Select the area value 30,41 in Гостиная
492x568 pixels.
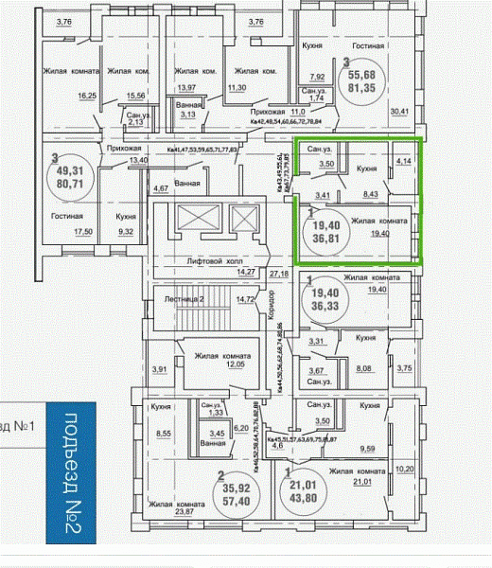[401, 112]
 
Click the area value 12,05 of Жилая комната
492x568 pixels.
[234, 364]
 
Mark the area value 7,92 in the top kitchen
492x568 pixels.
[318, 77]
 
